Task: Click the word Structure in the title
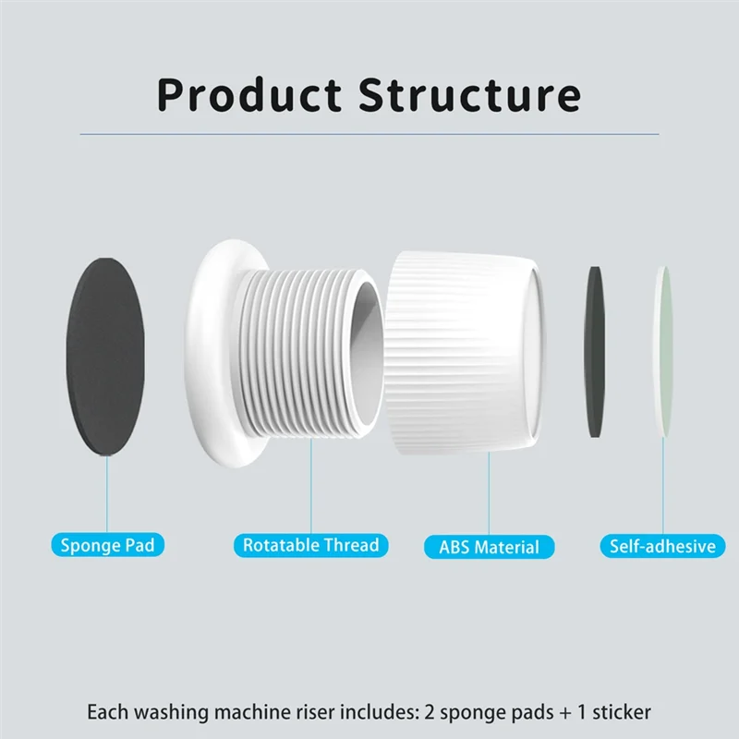pos(469,95)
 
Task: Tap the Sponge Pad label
pos(107,545)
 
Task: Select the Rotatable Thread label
pos(310,545)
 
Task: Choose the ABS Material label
pos(489,547)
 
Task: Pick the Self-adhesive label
pos(662,546)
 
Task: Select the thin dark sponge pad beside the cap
pos(595,354)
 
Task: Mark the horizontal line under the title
pos(369,135)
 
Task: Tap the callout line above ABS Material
pos(489,493)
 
